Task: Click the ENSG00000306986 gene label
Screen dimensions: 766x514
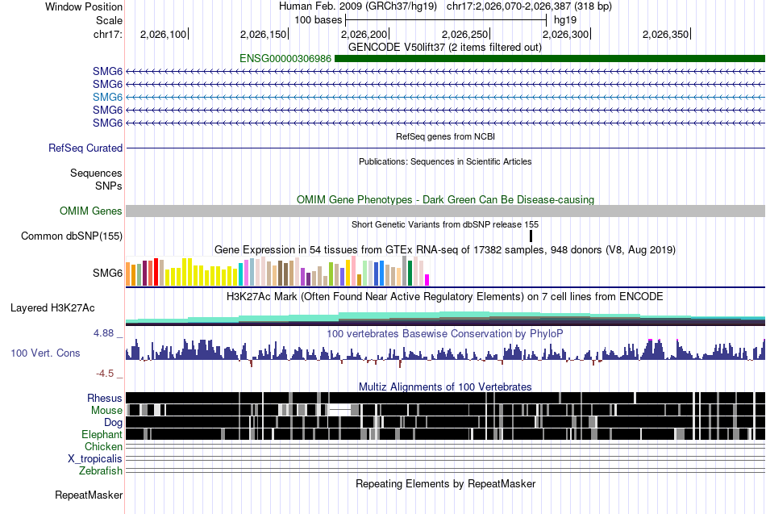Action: [285, 59]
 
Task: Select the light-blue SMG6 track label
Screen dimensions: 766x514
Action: [107, 98]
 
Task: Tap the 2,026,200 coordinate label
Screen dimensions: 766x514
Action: [364, 34]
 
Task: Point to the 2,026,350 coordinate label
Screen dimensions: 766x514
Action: [665, 34]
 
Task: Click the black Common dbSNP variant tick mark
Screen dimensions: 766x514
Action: [531, 236]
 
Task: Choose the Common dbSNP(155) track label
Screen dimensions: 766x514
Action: [72, 236]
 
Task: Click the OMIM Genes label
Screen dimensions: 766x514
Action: [91, 211]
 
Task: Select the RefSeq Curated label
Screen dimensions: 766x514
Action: [85, 148]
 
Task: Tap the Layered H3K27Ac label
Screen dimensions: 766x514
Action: [52, 308]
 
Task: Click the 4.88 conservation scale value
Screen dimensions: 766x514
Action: [103, 333]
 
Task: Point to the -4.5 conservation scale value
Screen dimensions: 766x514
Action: [105, 374]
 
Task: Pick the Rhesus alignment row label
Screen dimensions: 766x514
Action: [105, 398]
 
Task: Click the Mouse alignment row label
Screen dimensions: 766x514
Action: [106, 411]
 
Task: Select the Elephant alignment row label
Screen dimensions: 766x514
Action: [102, 434]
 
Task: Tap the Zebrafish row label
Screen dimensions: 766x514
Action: [101, 470]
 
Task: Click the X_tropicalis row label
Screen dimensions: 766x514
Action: [95, 459]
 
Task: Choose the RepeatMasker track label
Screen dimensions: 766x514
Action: [89, 495]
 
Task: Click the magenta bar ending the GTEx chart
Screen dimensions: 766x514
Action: [427, 280]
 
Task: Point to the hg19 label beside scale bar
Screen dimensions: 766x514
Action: [565, 20]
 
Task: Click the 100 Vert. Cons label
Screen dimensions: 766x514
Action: [45, 353]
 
